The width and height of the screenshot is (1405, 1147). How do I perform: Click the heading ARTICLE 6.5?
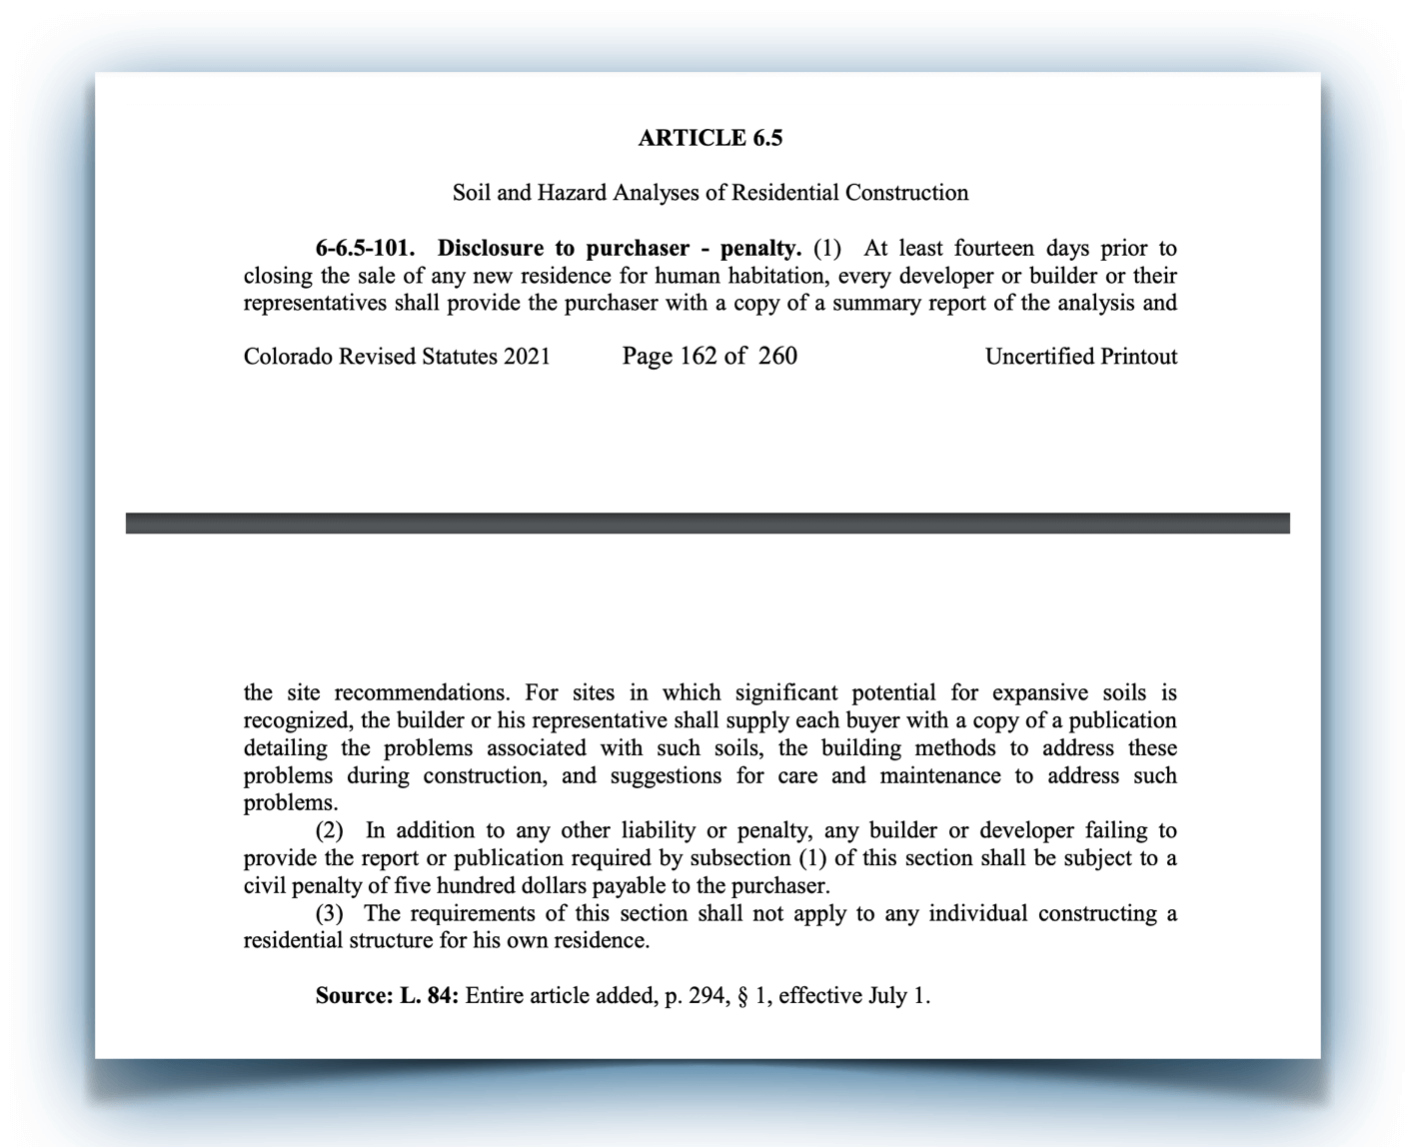(x=709, y=138)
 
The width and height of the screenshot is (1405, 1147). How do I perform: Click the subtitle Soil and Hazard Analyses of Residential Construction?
(x=709, y=192)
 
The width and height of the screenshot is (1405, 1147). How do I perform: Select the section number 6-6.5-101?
(x=365, y=248)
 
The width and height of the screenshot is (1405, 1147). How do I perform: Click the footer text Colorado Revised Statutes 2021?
(x=397, y=357)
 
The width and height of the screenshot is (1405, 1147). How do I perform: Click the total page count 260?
(x=777, y=357)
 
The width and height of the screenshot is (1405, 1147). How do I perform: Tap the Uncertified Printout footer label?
(x=1080, y=357)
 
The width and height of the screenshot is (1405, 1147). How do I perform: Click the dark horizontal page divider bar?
(x=707, y=523)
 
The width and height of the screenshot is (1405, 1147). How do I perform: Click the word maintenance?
(x=943, y=775)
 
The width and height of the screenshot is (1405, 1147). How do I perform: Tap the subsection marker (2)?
(x=330, y=830)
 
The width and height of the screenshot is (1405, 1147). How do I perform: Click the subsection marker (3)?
(x=330, y=913)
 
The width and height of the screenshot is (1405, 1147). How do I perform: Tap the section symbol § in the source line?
(x=742, y=995)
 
